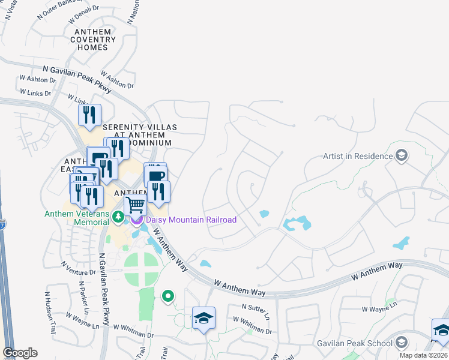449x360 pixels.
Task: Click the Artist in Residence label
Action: point(357,156)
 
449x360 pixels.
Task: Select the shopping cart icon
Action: point(136,205)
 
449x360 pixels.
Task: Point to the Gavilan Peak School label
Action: point(354,343)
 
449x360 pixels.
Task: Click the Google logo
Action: point(20,353)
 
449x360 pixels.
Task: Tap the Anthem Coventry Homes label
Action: point(92,40)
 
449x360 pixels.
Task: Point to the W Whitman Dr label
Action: point(252,325)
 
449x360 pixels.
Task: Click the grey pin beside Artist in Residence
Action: point(402,157)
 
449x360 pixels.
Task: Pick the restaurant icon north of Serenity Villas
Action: point(89,115)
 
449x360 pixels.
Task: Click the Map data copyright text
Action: point(424,355)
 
